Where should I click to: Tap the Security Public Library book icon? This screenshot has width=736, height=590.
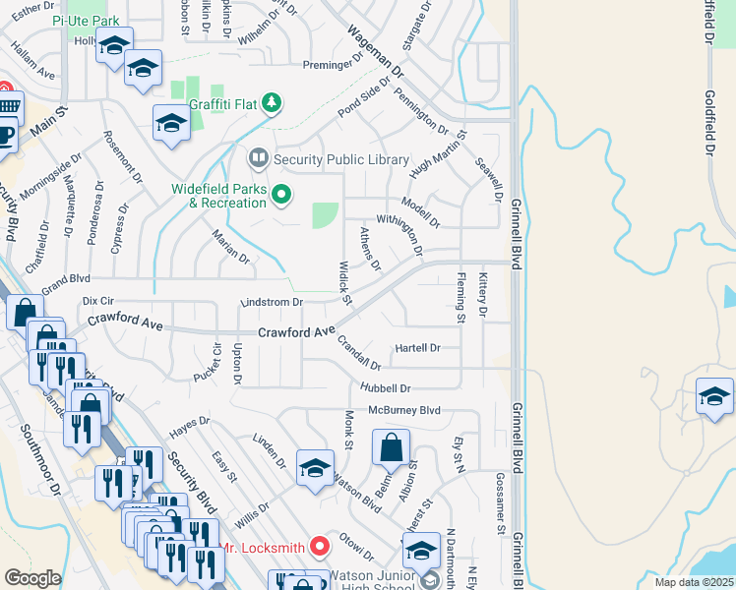(x=259, y=158)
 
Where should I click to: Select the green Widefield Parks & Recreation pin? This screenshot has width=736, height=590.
(x=282, y=195)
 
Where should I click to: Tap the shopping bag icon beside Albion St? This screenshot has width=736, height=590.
(x=391, y=447)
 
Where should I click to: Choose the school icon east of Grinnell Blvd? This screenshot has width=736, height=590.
(x=715, y=395)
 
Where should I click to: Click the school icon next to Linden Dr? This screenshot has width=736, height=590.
(x=315, y=468)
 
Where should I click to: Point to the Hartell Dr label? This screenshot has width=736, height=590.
(x=417, y=348)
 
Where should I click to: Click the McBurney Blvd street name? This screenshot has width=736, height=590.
(x=405, y=410)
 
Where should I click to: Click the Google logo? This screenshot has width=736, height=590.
(x=32, y=578)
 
